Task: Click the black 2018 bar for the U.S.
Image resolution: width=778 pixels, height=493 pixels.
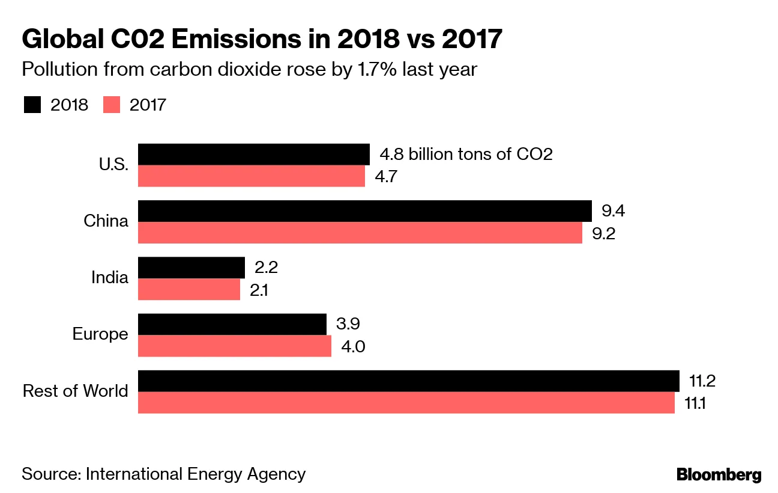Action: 253,154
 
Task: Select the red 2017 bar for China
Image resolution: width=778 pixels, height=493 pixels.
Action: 360,233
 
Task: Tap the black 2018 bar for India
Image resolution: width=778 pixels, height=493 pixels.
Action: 191,268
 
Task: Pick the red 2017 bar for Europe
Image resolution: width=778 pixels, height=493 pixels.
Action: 235,346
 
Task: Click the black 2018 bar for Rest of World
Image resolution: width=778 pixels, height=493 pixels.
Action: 408,381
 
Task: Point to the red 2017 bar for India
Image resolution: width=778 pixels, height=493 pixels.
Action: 189,289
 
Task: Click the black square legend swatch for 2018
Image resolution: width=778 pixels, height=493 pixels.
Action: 32,105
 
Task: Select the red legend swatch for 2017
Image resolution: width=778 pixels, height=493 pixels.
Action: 112,105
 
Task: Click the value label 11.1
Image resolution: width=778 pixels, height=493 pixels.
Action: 695,403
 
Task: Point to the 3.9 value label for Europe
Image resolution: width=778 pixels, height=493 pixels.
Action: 348,325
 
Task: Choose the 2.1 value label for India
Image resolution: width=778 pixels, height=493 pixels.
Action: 259,290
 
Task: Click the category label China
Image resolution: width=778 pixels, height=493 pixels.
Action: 106,221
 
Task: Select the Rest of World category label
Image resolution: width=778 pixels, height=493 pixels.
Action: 76,391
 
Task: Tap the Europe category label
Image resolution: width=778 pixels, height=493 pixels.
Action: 100,334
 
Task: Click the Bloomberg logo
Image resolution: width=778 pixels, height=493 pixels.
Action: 719,474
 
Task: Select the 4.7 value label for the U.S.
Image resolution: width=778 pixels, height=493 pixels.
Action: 387,177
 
